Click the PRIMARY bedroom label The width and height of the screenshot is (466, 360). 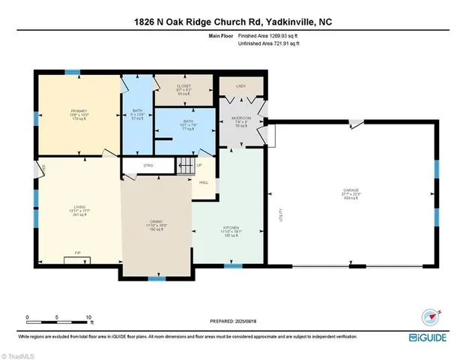point(76,110)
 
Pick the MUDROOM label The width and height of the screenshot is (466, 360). point(240,118)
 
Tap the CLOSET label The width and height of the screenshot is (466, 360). point(183,86)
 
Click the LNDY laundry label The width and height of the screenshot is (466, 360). point(240,87)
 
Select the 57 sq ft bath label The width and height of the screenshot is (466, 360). point(137,115)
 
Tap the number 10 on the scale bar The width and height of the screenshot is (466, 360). point(89,317)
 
